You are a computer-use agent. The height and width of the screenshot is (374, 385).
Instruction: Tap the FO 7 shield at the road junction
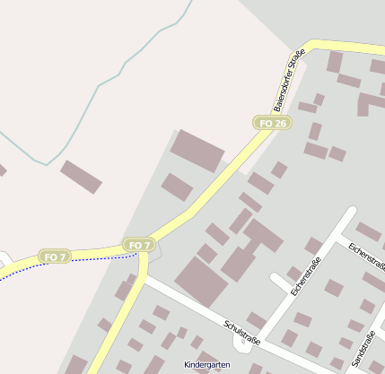coord(138,245)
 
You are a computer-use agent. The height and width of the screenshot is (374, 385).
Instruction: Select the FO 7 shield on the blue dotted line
coord(55,257)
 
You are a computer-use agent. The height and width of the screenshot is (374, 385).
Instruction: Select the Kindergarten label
coord(206,365)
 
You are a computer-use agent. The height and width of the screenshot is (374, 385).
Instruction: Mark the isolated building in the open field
coord(81,177)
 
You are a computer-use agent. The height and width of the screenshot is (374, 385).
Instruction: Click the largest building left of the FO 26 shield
coord(197,150)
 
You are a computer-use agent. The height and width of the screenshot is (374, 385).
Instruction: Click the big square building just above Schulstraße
coord(201,281)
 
